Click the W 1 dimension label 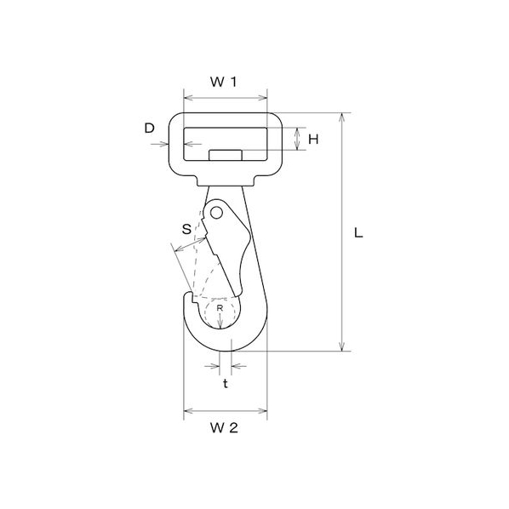click(x=224, y=82)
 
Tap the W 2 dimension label click(x=224, y=428)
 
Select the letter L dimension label click(x=358, y=232)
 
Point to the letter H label click(x=313, y=140)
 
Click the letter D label click(x=149, y=129)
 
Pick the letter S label click(x=186, y=229)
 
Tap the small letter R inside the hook click(x=220, y=308)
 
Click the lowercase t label click(x=226, y=383)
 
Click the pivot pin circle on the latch click(x=216, y=214)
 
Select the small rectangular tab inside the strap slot click(x=226, y=155)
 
